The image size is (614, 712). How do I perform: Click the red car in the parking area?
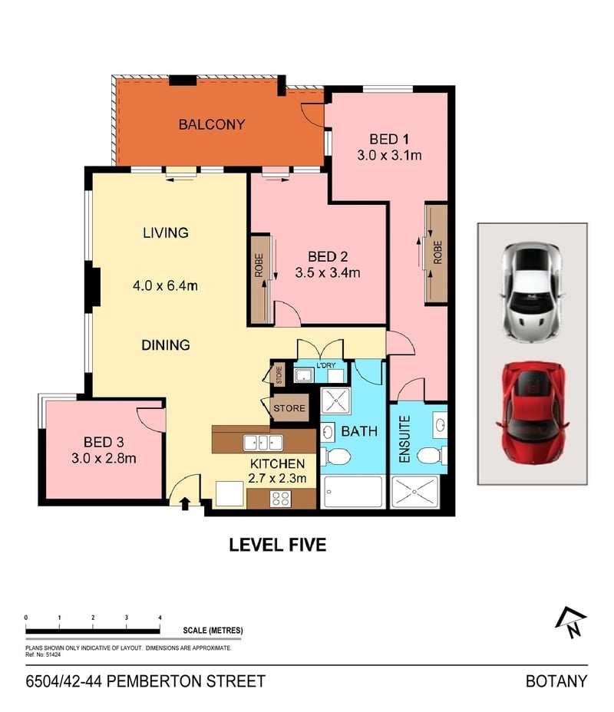[532, 412]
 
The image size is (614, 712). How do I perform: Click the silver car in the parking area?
[532, 292]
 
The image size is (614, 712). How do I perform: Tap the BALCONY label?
[212, 124]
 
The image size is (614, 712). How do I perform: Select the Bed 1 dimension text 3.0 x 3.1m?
[389, 155]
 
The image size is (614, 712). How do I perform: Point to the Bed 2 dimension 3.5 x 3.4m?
[328, 272]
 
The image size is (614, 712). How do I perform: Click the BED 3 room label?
[104, 442]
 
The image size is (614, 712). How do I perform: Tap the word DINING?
[165, 345]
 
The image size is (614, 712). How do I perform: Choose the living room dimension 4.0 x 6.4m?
[165, 285]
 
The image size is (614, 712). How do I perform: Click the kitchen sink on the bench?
[263, 443]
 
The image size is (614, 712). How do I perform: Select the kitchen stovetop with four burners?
[280, 499]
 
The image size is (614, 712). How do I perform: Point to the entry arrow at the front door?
[185, 503]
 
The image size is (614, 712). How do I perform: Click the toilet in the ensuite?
[429, 456]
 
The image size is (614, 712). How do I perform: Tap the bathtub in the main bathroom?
[353, 492]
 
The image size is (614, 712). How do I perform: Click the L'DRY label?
[326, 365]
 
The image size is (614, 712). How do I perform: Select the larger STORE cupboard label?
[289, 408]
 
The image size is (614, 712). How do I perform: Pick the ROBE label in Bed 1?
[437, 252]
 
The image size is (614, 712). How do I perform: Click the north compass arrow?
[571, 622]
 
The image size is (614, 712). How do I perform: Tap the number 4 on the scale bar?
[160, 618]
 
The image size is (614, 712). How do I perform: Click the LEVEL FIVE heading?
[278, 545]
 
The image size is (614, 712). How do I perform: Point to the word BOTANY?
[556, 681]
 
